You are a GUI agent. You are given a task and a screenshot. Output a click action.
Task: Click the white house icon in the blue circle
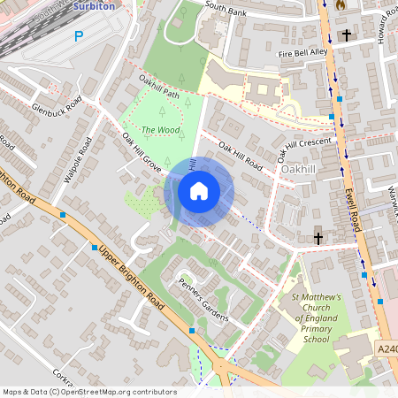199,191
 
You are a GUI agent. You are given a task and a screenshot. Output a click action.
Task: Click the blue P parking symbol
79,36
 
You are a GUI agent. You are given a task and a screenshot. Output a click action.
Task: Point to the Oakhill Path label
159,88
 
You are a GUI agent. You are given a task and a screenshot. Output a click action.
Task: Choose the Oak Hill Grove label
142,151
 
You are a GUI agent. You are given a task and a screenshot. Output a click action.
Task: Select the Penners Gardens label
203,301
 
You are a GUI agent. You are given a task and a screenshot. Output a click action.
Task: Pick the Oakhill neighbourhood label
299,168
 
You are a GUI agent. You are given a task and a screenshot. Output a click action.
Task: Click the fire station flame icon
341,4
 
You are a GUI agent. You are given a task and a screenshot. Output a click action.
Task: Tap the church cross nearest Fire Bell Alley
347,35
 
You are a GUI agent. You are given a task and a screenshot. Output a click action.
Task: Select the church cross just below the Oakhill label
318,237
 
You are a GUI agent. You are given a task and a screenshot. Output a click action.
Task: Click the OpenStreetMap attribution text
88,392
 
